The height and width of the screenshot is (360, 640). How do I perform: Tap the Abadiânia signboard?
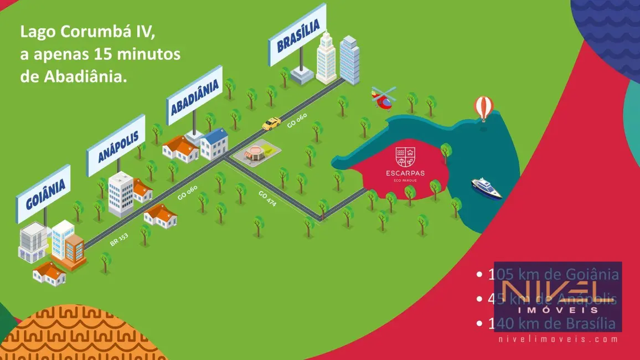195,95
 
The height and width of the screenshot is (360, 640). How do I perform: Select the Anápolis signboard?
116,145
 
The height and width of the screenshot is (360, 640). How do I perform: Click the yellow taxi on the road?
271,124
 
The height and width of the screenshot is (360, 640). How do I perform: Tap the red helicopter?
383,98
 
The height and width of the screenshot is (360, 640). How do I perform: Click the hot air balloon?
483,107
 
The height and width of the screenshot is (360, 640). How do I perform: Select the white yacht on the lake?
486,188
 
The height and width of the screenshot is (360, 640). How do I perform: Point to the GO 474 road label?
267,198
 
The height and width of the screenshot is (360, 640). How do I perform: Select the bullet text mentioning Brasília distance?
551,323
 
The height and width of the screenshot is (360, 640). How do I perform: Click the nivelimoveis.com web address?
558,339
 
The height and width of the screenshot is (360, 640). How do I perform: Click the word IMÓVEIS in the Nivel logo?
558,310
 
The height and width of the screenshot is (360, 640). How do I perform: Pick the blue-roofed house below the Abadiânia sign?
214,143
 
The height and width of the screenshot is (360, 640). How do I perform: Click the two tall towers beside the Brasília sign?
338,58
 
